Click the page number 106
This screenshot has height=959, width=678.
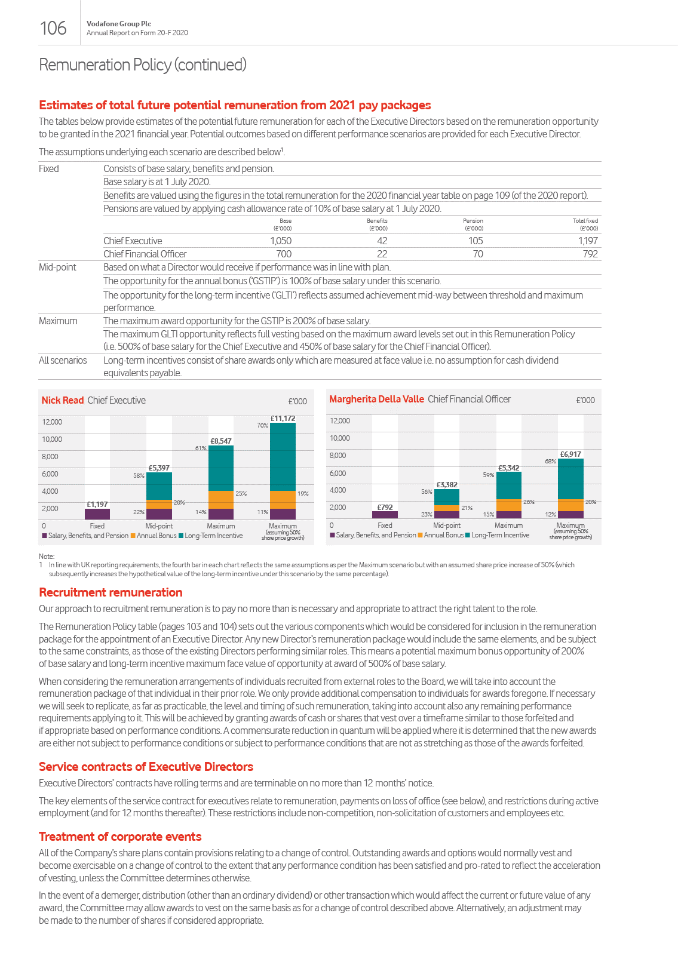pos(53,28)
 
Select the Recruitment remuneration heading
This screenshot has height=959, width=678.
pos(111,592)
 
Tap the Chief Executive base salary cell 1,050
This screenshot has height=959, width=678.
pos(281,241)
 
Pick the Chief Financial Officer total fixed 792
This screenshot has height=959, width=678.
pos(590,254)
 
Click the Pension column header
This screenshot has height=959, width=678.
pos(473,224)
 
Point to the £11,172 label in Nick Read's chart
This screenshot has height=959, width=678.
pos(283,419)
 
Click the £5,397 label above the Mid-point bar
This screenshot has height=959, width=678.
pos(159,468)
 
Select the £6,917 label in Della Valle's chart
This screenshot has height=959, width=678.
pos(570,454)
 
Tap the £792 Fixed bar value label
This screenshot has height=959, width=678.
pos(385,507)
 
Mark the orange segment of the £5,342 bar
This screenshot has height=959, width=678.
pos(509,505)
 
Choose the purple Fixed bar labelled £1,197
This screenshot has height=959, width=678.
pos(97,514)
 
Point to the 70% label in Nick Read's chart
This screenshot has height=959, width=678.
pos(262,426)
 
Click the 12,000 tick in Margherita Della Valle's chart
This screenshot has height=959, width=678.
pos(340,421)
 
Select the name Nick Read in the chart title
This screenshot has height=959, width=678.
pos(63,400)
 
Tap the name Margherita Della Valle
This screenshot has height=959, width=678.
pos(376,399)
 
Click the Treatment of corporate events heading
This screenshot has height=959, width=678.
pos(120,837)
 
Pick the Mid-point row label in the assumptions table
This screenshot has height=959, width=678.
pos(57,267)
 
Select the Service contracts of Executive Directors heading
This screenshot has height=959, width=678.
pos(146,767)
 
